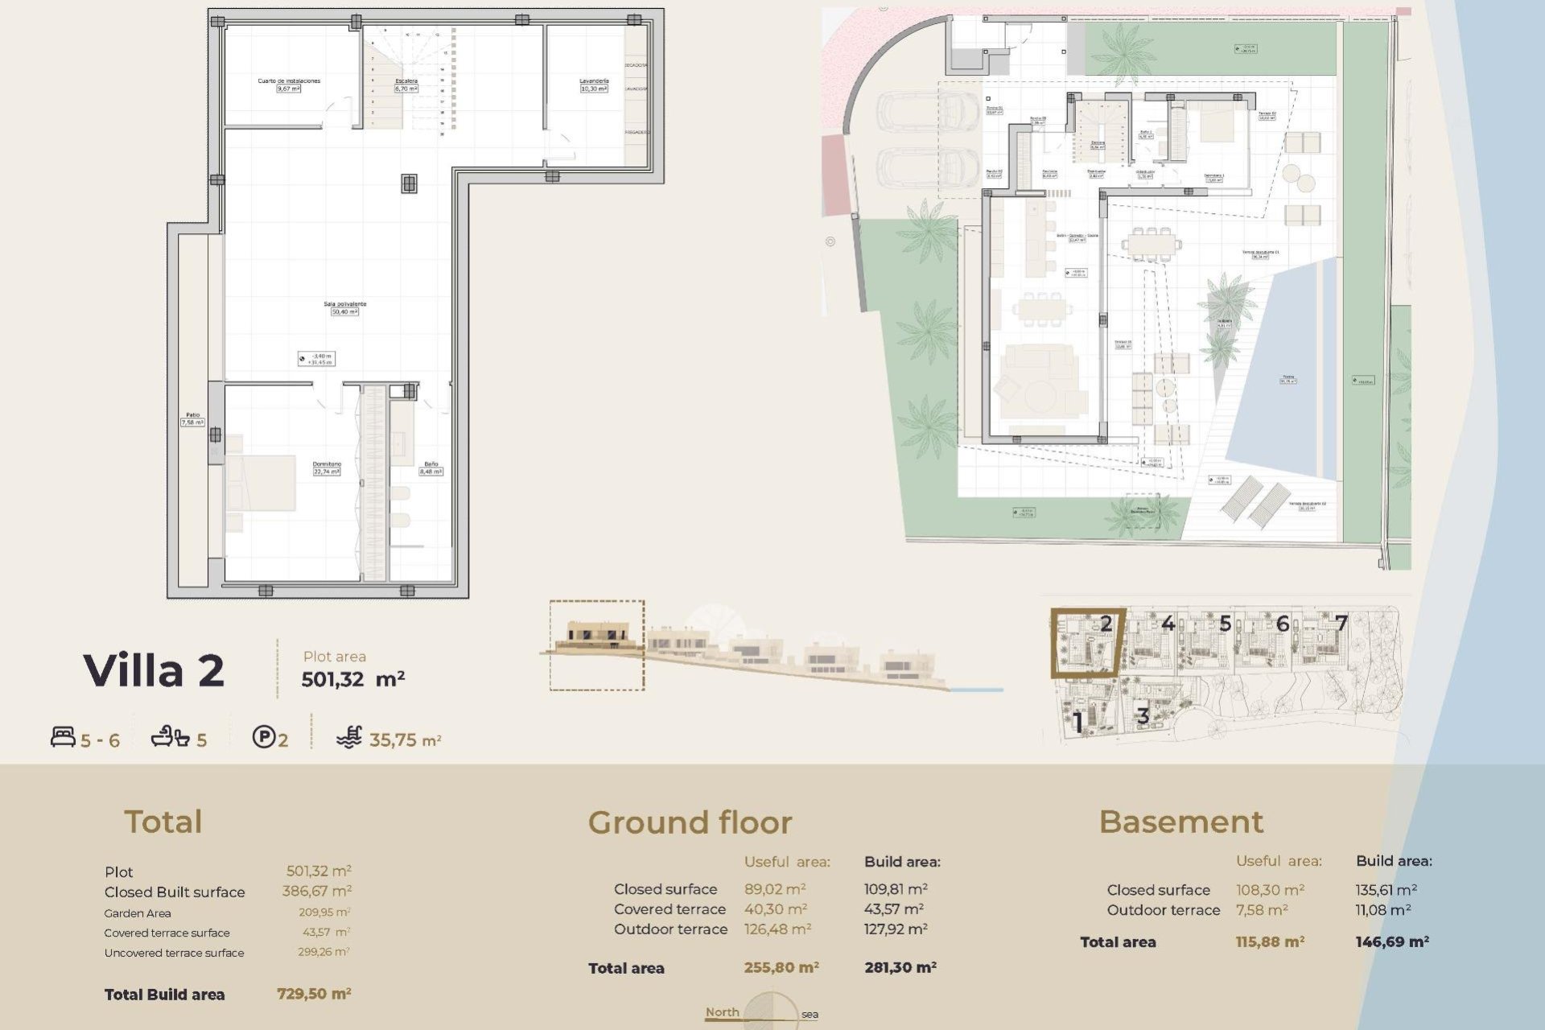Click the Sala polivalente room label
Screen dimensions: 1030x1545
tap(345, 304)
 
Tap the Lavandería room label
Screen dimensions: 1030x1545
tap(594, 81)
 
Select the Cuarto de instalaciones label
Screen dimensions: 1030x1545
tap(289, 81)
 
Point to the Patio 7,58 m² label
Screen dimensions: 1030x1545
tap(192, 418)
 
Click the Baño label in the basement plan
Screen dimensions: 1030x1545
tap(431, 464)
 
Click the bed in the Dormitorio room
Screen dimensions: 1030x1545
tap(262, 483)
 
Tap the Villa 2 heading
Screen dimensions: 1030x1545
tap(154, 670)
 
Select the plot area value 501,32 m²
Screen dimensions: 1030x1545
tap(352, 679)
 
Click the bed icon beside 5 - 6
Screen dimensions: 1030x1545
tap(63, 737)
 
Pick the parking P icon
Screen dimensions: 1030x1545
tap(263, 737)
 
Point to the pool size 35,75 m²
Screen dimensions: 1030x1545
tap(405, 740)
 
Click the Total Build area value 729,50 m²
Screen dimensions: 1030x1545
tap(314, 994)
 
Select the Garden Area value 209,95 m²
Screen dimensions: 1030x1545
tap(323, 913)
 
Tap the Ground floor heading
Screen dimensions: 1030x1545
tap(690, 822)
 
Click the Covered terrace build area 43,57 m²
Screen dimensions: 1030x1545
tap(893, 909)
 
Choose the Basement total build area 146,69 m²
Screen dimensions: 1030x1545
tap(1391, 941)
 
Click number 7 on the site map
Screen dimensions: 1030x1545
tap(1341, 623)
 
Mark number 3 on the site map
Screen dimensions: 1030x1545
tap(1142, 715)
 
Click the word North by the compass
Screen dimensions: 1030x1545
tap(722, 1012)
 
